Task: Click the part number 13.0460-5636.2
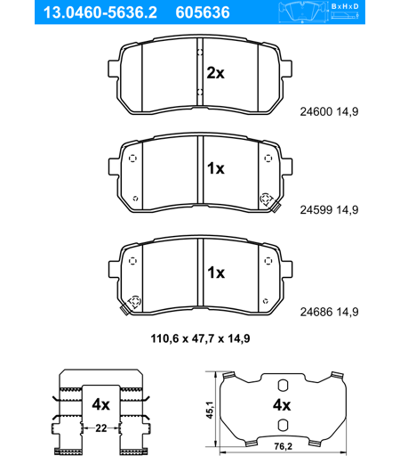click(x=100, y=12)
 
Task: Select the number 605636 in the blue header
click(x=203, y=12)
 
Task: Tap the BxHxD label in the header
click(x=345, y=6)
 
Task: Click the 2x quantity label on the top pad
click(x=216, y=73)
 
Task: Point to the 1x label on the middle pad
click(x=216, y=168)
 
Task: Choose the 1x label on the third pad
click(x=216, y=273)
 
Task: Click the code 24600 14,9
click(x=329, y=112)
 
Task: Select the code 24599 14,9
click(x=329, y=210)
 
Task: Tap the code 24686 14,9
click(x=329, y=312)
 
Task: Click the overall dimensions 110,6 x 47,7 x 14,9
click(x=200, y=338)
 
